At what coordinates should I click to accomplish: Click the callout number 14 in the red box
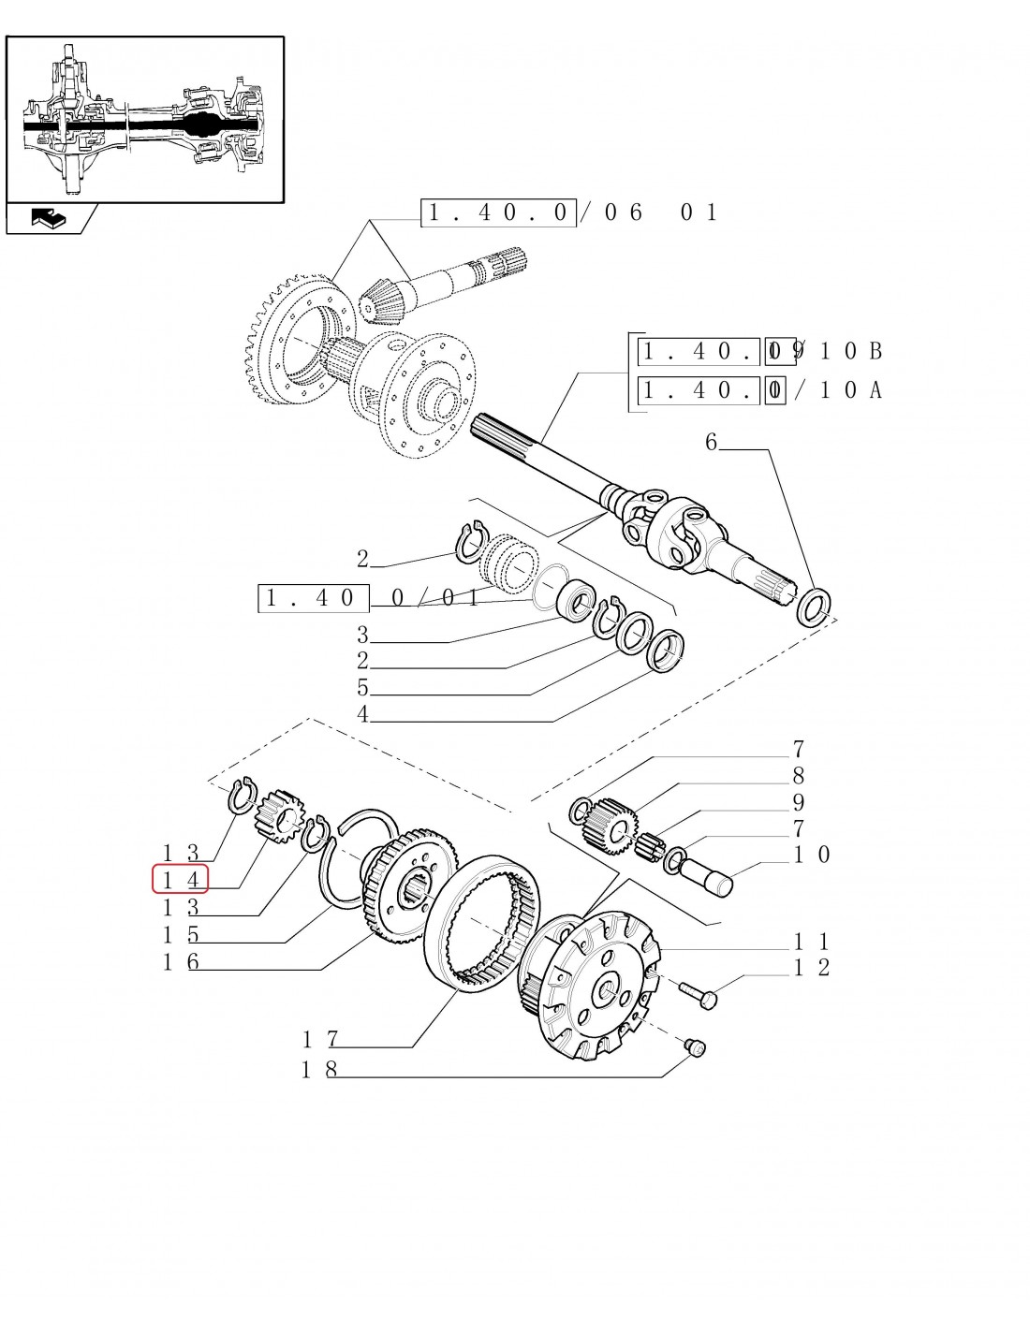(180, 880)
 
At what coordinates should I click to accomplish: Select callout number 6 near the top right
(711, 442)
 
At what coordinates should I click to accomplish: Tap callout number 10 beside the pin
(811, 854)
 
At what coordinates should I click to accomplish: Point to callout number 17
(319, 1039)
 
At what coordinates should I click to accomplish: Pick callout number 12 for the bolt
(811, 968)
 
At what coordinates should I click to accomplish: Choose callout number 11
(811, 942)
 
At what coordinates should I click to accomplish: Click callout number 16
(180, 962)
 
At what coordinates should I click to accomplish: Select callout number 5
(362, 688)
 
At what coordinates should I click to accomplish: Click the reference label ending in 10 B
(759, 351)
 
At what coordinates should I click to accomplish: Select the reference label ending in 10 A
(759, 389)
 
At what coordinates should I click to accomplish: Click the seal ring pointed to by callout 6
(812, 607)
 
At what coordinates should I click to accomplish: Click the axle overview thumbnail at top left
(144, 119)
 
